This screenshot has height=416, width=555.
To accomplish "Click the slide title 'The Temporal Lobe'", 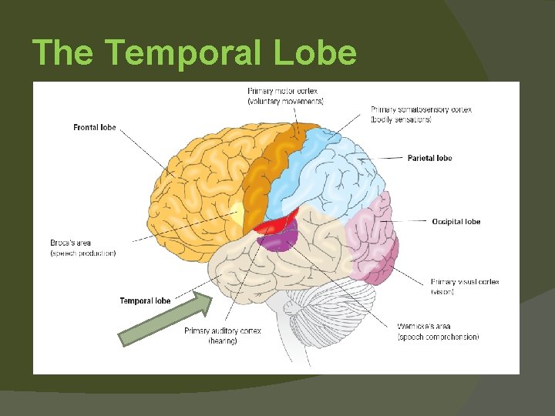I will point(194,53).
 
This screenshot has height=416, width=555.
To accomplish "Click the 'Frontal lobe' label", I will point(95,127).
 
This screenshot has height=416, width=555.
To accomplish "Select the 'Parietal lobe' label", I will point(429,158).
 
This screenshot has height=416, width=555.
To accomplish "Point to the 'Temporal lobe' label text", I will point(145,300).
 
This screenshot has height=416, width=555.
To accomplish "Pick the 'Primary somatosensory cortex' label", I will point(421,109).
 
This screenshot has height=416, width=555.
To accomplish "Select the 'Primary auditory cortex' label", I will point(222,331).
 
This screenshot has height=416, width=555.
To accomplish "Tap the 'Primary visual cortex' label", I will point(465,282).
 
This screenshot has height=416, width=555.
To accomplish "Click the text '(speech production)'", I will point(83,253).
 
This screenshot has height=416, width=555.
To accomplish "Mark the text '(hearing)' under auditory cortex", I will point(223,341).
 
